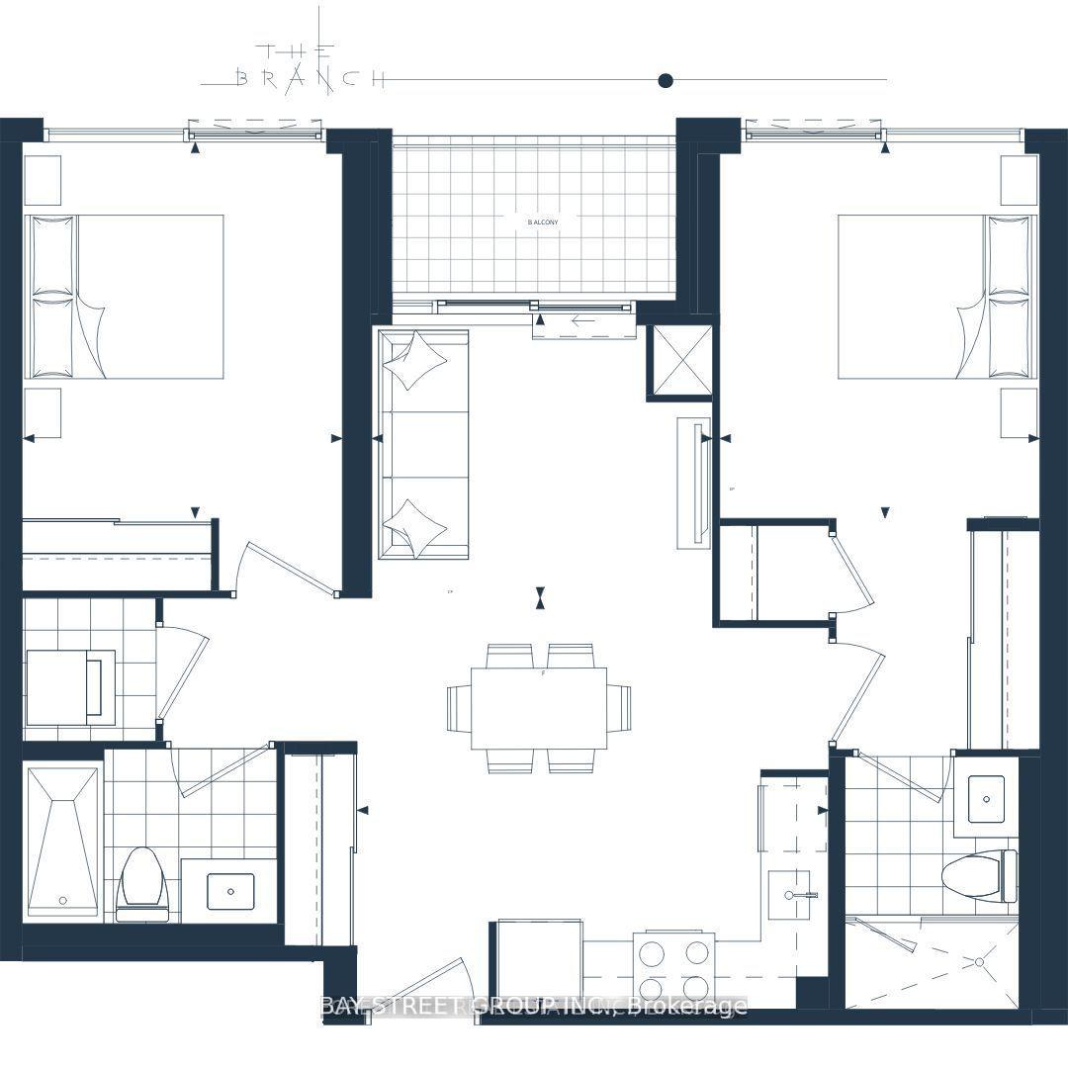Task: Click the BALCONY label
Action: point(542,222)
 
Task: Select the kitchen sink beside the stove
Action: point(790,894)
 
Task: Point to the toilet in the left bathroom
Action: point(138,880)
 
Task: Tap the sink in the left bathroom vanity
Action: point(230,891)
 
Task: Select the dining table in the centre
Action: point(538,708)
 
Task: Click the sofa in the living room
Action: point(423,444)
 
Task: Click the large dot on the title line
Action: point(666,80)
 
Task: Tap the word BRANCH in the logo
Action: point(310,79)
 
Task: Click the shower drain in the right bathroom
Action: point(980,960)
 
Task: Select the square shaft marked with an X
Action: point(679,362)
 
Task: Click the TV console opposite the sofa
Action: point(693,483)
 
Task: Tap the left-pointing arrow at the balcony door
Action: point(583,321)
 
